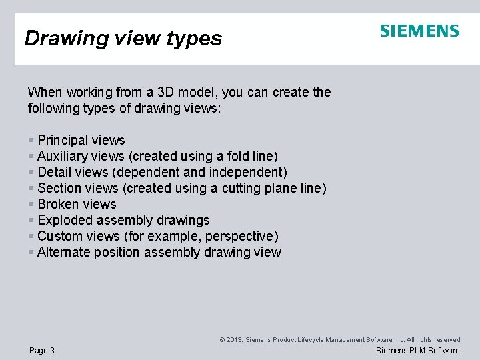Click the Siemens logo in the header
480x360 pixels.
point(419,31)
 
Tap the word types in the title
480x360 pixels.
point(196,39)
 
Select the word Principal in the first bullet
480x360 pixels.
point(63,140)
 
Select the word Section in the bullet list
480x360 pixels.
point(59,188)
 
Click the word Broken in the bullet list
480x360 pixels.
point(57,204)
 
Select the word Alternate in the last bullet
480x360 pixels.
point(63,252)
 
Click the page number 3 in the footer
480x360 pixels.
point(52,351)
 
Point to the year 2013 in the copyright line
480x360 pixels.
point(235,340)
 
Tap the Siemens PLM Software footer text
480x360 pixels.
point(418,351)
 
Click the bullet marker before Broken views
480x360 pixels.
point(31,204)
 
